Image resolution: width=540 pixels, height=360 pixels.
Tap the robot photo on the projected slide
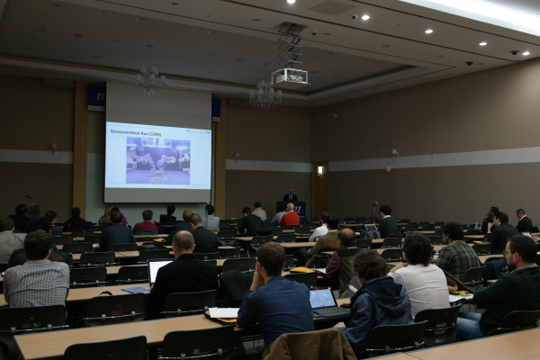coord(157,159)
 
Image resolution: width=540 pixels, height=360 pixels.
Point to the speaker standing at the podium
coord(290,197)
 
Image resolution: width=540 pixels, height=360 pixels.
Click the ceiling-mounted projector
coord(289,76)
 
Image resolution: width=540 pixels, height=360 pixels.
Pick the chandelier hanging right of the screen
coord(265,94)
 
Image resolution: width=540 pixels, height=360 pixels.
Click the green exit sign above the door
coord(319,169)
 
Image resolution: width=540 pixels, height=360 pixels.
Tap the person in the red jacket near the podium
coord(290,216)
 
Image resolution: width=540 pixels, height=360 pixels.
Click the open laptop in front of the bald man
coord(157,270)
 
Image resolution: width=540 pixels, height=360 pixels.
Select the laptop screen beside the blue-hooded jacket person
coord(322,299)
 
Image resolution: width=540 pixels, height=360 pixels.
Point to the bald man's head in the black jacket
coord(183,241)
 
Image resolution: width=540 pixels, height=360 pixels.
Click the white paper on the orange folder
coord(223,313)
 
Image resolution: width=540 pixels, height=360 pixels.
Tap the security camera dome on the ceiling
coord(469,63)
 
